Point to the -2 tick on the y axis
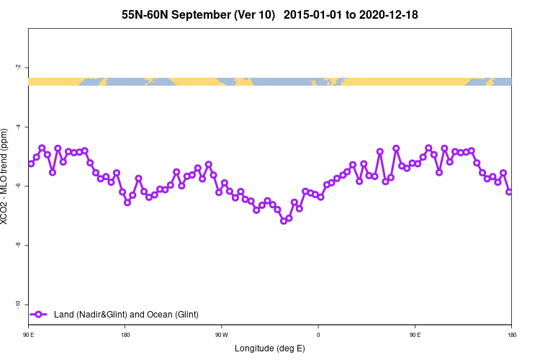pyautogui.click(x=17, y=68)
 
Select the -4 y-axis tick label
pyautogui.click(x=17, y=127)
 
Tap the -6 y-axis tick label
pyautogui.click(x=17, y=186)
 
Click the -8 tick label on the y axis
pyautogui.click(x=17, y=246)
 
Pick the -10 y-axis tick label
pyautogui.click(x=17, y=305)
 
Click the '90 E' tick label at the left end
pyautogui.click(x=28, y=335)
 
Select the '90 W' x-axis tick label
pyautogui.click(x=221, y=335)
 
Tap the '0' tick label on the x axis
pyautogui.click(x=318, y=335)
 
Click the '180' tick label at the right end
pyautogui.click(x=510, y=335)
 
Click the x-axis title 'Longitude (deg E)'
pyautogui.click(x=270, y=348)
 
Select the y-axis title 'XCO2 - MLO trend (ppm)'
pyautogui.click(x=6, y=176)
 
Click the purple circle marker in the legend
pyautogui.click(x=40, y=314)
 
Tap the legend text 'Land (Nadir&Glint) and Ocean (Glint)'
pyautogui.click(x=126, y=314)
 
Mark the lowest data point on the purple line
pyautogui.click(x=284, y=221)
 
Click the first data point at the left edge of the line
pyautogui.click(x=31, y=163)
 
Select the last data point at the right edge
pyautogui.click(x=509, y=192)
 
